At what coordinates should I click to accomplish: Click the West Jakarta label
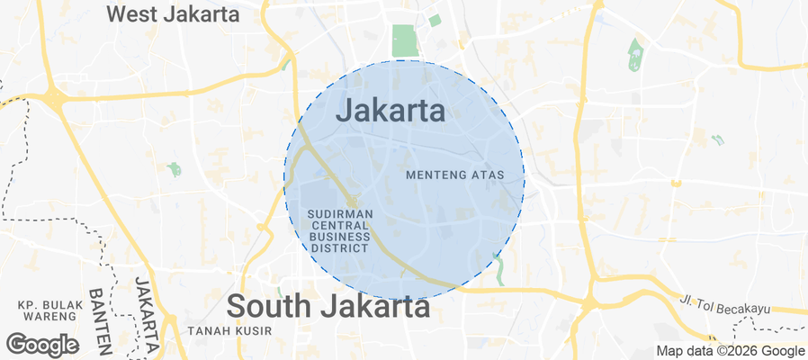[x=173, y=14]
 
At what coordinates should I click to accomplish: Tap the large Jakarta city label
[x=391, y=111]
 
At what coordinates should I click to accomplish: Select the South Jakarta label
[x=328, y=306]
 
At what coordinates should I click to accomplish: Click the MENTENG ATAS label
[x=464, y=175]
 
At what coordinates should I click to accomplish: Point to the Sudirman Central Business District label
[x=339, y=230]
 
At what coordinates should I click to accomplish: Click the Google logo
[x=41, y=344]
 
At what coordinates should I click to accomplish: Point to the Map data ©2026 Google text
[x=730, y=351]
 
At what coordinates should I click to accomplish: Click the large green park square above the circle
[x=405, y=40]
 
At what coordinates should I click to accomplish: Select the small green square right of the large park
[x=435, y=21]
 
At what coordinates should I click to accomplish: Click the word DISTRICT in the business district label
[x=339, y=247]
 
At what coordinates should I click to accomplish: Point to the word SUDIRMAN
[x=339, y=214]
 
